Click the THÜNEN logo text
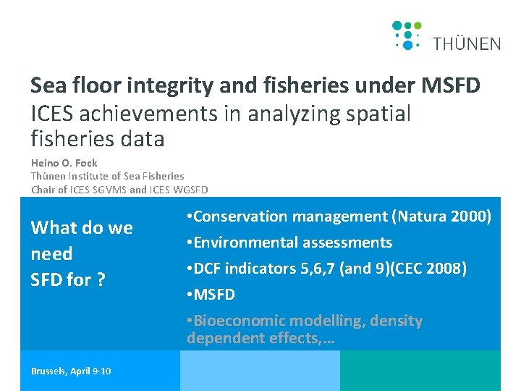click(x=467, y=43)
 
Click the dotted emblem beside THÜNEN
click(x=407, y=35)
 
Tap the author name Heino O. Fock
click(x=64, y=163)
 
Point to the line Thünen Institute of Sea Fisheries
click(x=107, y=176)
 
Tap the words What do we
click(x=81, y=228)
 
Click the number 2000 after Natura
click(x=471, y=216)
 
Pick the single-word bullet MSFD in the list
click(x=213, y=295)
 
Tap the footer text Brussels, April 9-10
click(x=71, y=371)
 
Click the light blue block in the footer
click(x=259, y=371)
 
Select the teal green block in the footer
click(x=420, y=371)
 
